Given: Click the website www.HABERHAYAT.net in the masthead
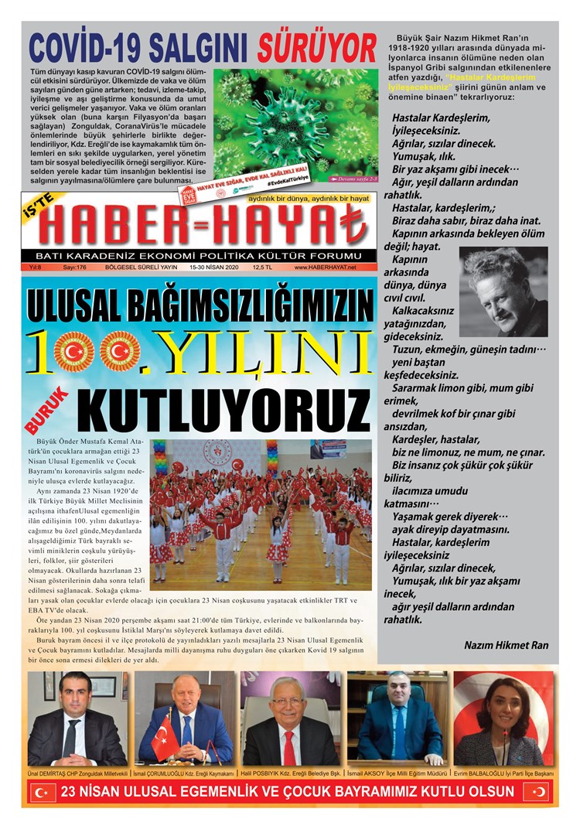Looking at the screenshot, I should tap(326, 268).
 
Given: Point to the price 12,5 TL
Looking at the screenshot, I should tap(263, 268).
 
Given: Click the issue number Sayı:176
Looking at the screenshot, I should tap(74, 268).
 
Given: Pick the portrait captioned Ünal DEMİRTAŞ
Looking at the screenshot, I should tap(77, 718).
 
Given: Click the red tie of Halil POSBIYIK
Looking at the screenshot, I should tap(288, 746).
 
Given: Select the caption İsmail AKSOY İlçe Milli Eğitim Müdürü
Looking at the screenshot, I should tap(397, 773).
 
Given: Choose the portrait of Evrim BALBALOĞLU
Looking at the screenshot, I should tap(504, 718).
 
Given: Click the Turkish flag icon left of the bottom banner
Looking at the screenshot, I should tap(42, 792).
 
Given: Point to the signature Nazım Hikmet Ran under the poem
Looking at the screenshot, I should tap(506, 645).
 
